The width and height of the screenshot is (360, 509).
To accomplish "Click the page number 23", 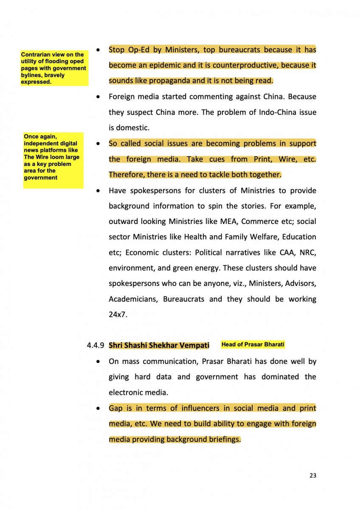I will [312, 475].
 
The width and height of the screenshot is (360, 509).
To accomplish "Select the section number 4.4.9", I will [96, 345].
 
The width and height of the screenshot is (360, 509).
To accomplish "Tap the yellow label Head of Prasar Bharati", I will [253, 344].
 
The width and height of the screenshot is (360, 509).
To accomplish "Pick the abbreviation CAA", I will [287, 252].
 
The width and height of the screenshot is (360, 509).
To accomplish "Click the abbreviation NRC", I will [308, 252].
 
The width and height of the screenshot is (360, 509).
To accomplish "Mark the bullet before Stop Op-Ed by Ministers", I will [98, 50].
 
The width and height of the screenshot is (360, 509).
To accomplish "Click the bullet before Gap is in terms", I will [98, 408].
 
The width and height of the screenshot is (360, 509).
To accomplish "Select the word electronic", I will [127, 393].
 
